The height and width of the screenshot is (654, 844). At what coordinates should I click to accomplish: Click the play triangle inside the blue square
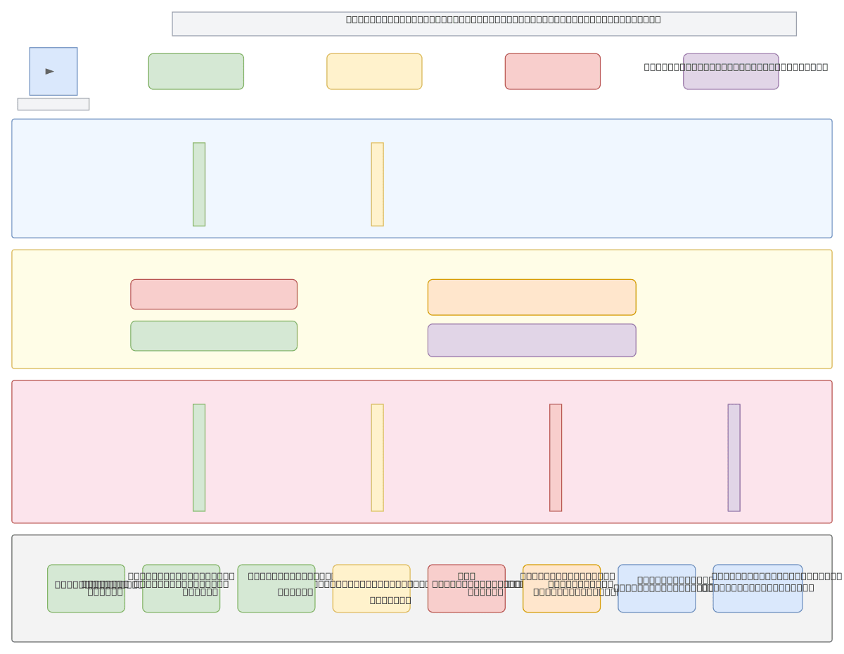50,71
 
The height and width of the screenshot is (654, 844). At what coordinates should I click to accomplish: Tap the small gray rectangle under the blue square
53,104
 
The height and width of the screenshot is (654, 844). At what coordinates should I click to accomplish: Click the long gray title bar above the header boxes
484,24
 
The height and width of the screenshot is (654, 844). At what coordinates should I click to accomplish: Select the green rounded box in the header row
196,72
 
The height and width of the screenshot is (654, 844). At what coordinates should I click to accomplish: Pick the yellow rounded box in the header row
374,72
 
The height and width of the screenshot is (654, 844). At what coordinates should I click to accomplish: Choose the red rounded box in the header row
553,72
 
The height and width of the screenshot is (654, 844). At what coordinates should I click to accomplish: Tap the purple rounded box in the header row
731,72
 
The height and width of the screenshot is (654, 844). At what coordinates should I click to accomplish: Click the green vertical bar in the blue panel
199,184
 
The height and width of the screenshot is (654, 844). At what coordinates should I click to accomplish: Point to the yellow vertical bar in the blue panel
378,184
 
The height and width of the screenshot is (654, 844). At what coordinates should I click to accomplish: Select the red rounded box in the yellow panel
214,294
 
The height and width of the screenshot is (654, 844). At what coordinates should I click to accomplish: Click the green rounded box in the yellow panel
214,336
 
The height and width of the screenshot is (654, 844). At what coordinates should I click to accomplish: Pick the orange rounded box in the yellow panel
532,297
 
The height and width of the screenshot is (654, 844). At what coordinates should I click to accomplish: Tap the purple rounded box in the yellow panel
532,340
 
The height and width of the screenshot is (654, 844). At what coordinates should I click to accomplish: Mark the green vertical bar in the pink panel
199,458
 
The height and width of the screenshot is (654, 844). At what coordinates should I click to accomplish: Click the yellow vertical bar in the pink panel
378,458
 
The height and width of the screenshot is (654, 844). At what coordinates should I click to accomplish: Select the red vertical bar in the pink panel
556,458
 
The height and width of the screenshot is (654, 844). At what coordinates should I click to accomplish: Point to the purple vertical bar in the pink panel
734,458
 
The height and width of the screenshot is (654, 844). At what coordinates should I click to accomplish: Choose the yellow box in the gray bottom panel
371,589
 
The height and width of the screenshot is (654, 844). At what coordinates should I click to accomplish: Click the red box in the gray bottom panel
466,589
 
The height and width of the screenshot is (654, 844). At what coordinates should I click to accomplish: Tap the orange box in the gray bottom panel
561,589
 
